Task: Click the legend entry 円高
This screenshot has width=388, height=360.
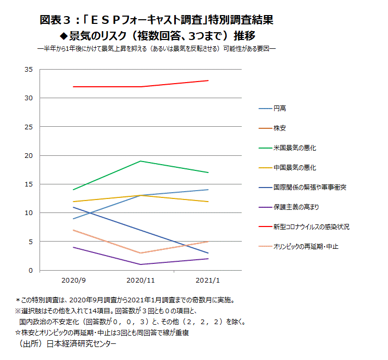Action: (280, 109)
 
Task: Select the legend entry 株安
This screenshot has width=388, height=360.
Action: (280, 128)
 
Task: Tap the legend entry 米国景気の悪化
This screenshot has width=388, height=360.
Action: (295, 148)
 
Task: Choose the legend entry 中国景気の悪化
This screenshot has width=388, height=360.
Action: (295, 168)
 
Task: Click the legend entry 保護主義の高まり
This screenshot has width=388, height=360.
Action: (296, 207)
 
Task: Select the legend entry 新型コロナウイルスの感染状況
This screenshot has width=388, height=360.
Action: (311, 226)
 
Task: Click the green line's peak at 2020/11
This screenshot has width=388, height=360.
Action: (140, 161)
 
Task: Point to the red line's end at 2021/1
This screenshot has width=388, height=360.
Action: (208, 81)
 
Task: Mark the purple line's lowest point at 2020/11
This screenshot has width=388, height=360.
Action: (140, 264)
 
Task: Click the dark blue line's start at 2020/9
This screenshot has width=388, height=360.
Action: (73, 207)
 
